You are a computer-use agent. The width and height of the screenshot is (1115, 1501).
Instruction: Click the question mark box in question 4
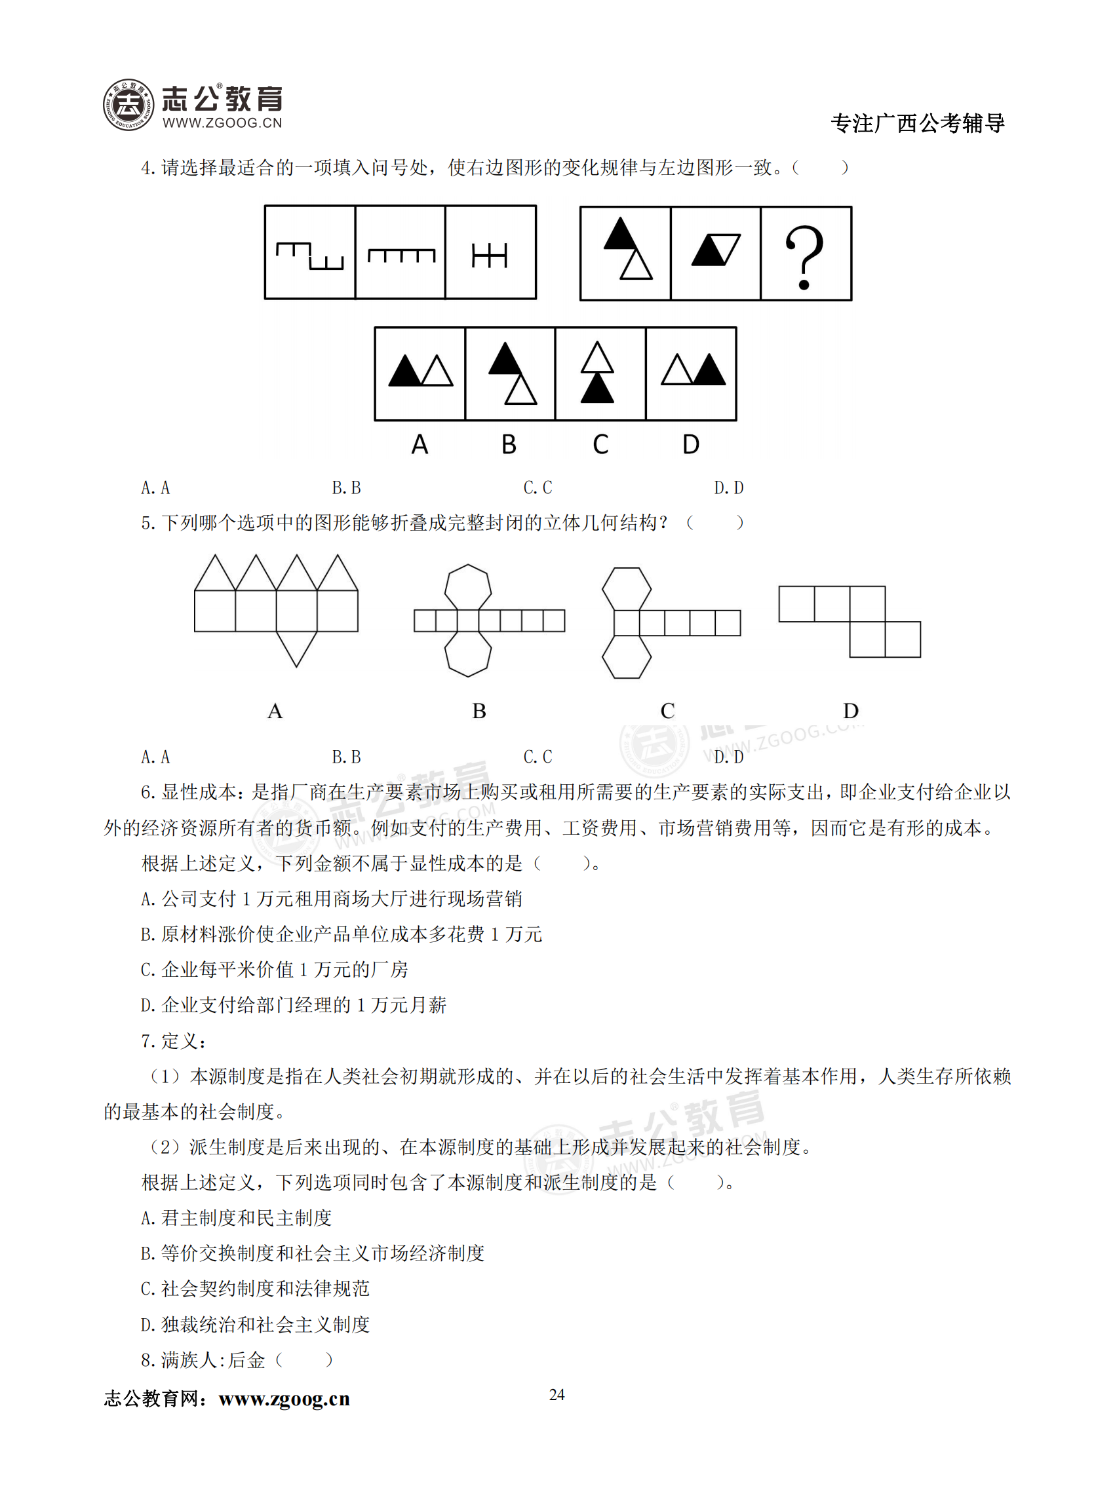pyautogui.click(x=806, y=254)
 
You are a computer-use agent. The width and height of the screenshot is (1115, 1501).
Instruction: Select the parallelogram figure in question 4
pyautogui.click(x=715, y=250)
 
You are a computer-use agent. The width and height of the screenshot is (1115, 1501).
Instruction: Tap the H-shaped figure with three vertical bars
pyautogui.click(x=490, y=256)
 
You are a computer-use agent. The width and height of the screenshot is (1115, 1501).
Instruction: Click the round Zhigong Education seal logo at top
pyautogui.click(x=128, y=105)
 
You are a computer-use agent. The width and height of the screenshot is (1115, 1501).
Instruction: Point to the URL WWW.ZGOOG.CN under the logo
pyautogui.click(x=222, y=123)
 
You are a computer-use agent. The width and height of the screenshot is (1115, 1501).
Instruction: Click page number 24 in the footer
pyautogui.click(x=557, y=1394)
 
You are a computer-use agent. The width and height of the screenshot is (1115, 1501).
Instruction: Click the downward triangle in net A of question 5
pyautogui.click(x=296, y=649)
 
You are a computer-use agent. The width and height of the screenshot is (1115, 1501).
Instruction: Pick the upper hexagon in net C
pyautogui.click(x=627, y=589)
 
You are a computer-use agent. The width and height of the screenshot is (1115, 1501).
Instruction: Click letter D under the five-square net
pyautogui.click(x=850, y=710)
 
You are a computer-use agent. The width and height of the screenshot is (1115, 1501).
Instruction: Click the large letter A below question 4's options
pyautogui.click(x=420, y=445)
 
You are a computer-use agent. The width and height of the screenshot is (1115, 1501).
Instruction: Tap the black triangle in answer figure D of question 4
pyautogui.click(x=709, y=371)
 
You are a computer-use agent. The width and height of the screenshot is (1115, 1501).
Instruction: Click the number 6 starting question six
pyautogui.click(x=146, y=792)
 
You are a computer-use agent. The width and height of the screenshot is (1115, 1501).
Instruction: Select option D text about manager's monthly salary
pyautogui.click(x=294, y=1005)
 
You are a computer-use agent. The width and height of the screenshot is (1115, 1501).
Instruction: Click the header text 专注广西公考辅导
pyautogui.click(x=917, y=123)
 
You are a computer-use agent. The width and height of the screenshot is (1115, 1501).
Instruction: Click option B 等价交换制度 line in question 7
pyautogui.click(x=313, y=1253)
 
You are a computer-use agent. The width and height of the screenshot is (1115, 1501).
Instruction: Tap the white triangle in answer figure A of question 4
pyautogui.click(x=437, y=372)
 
